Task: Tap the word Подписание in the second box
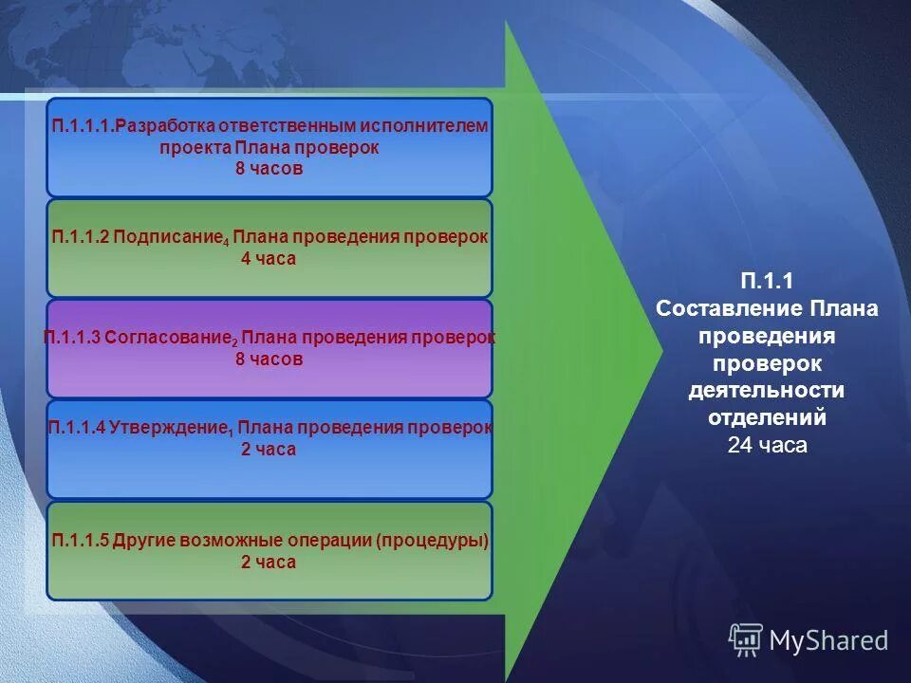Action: coord(170,238)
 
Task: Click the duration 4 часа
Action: coord(269,259)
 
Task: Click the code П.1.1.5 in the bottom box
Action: coord(81,542)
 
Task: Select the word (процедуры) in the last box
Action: coord(432,542)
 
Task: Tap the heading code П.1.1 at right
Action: coord(767,282)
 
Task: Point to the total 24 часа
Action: coord(767,446)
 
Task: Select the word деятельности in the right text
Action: coord(767,391)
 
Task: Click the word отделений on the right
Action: coord(767,418)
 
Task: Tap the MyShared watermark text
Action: coord(828,640)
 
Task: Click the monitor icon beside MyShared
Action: coord(746,639)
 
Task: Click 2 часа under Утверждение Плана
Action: coord(269,450)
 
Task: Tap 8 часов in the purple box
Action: coord(269,360)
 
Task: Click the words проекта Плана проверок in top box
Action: coord(269,148)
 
